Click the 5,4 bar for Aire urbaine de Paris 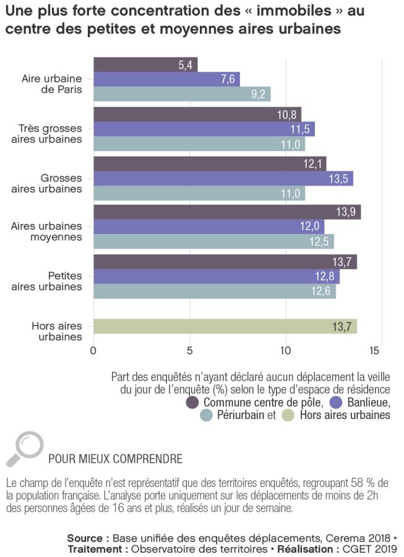tap(145, 64)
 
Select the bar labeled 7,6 tap(166, 79)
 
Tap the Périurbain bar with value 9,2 tap(182, 94)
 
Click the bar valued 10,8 tap(197, 114)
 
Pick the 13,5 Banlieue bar tap(223, 179)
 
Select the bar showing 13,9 tap(226, 212)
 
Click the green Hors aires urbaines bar tap(225, 326)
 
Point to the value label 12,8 tap(325, 277)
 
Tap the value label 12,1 tap(312, 164)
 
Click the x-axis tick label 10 tap(286, 350)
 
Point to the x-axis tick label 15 tap(374, 350)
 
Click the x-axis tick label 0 tap(93, 350)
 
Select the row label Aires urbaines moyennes tap(46, 231)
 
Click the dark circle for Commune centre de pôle tap(193, 403)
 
